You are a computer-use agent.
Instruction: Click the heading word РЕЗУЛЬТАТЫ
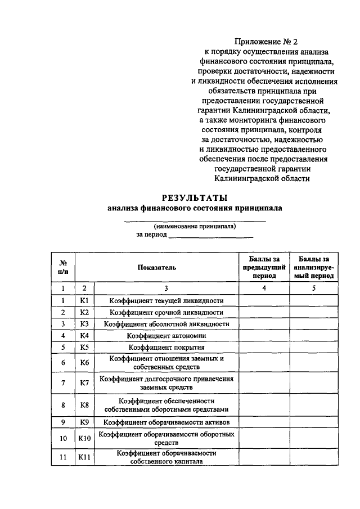point(195,197)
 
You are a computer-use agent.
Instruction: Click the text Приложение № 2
point(264,42)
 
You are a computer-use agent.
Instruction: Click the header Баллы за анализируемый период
point(314,267)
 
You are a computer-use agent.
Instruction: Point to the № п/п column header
point(64,267)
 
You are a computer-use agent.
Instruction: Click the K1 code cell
point(85,300)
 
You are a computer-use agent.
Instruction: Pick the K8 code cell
point(85,404)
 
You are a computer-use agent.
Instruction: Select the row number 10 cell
point(64,438)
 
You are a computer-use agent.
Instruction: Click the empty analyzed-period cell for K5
point(314,347)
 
